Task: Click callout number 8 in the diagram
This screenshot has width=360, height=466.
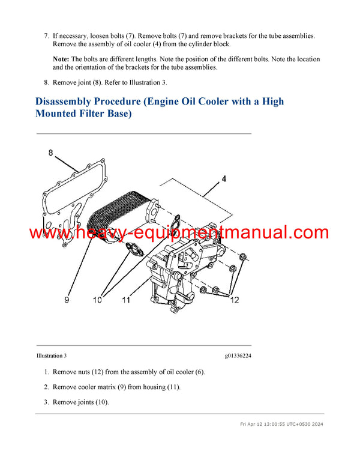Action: (51, 153)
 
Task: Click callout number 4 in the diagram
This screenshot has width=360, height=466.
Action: (224, 178)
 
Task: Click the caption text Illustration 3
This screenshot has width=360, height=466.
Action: (52, 356)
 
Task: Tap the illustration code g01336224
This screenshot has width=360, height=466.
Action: (238, 356)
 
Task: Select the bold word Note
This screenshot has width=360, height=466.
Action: (61, 59)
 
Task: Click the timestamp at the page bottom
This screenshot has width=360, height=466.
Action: (281, 424)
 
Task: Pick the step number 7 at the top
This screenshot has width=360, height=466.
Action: (46, 36)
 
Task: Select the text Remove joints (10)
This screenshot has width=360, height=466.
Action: (80, 402)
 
